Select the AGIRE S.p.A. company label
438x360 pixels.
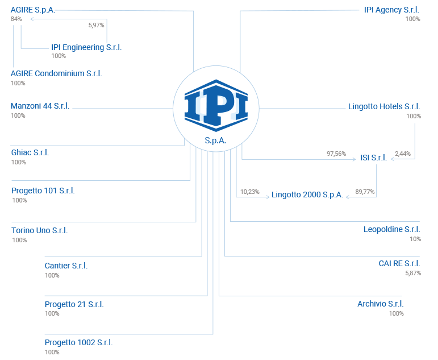tap(32, 10)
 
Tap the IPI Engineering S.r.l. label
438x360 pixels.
tap(86, 48)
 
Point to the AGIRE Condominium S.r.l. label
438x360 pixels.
tap(56, 74)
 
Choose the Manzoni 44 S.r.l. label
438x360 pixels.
tap(40, 106)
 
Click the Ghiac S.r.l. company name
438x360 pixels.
tap(30, 152)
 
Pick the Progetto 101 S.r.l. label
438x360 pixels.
tap(43, 191)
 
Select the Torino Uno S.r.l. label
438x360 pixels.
tap(40, 230)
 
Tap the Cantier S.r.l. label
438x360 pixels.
tap(66, 266)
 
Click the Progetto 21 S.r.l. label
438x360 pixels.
tap(74, 304)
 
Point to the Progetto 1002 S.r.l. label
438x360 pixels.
tap(78, 342)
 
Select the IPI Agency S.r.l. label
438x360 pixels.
tap(392, 10)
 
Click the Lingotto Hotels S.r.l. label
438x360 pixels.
tap(384, 106)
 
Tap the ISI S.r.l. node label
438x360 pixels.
tap(373, 158)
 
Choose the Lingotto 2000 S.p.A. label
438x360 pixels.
tap(307, 195)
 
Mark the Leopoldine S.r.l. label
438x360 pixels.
tap(392, 229)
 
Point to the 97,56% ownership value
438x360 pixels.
tap(336, 154)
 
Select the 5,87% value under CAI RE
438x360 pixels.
tap(412, 274)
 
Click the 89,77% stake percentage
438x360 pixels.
tap(365, 192)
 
